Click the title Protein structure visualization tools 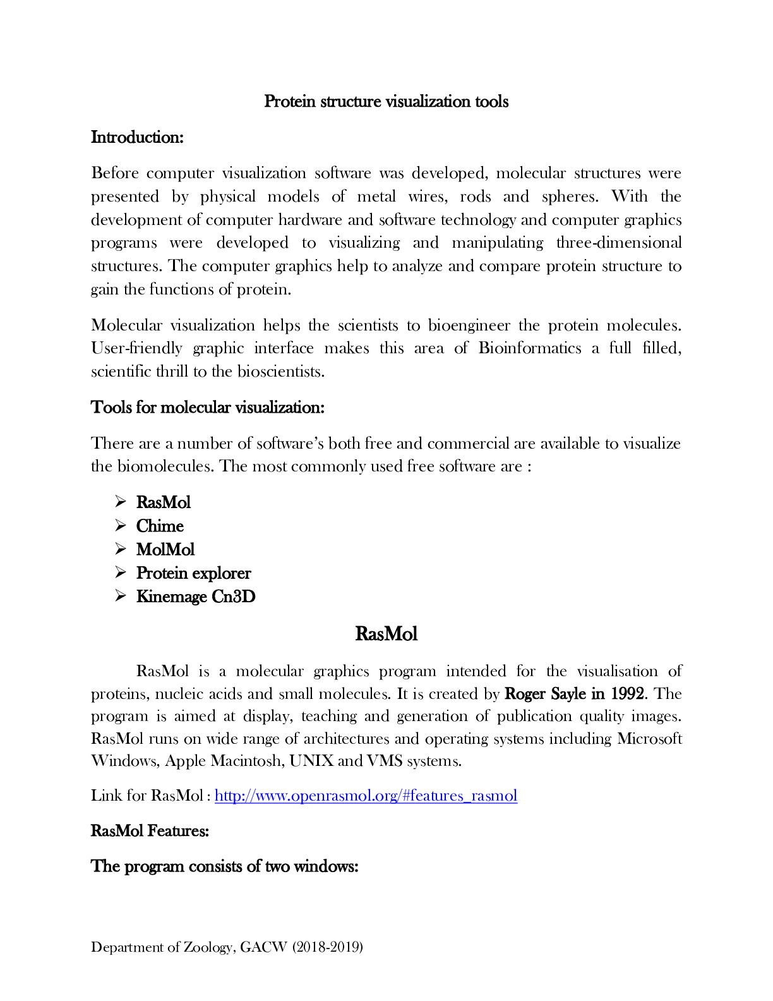tap(386, 102)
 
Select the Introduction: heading tap(137, 137)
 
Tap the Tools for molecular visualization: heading tap(208, 408)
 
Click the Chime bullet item tap(160, 526)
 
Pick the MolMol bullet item tap(165, 550)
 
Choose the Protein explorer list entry tap(193, 573)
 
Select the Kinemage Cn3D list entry tap(196, 597)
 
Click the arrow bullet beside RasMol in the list tap(121, 502)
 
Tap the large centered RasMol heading tap(386, 634)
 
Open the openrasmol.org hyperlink tap(366, 796)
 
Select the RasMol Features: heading tap(150, 831)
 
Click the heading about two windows tap(224, 866)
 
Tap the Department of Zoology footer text tap(227, 947)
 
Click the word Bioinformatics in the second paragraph tap(529, 348)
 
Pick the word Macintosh tap(246, 761)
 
